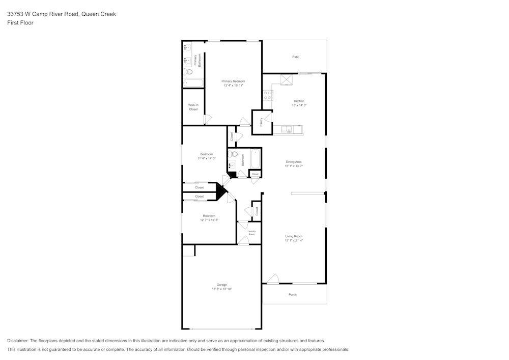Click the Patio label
coord(296,57)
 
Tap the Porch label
coord(293,295)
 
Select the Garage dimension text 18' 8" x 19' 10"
coord(222,289)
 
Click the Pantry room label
coord(261,122)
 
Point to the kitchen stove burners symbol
coord(268,95)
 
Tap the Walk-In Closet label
coord(193,107)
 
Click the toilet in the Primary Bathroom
coord(188,72)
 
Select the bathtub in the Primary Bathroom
coord(193,82)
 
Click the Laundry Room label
coord(251,233)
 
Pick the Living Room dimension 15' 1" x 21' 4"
coord(294,240)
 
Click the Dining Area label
coord(294,162)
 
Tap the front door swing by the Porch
coord(273,279)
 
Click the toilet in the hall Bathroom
coord(233,154)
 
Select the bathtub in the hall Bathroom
coord(256,158)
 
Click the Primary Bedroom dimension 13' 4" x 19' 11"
coord(233,86)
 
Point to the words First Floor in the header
coord(20,23)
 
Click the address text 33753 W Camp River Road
coord(43,14)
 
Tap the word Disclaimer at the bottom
coord(17,341)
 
